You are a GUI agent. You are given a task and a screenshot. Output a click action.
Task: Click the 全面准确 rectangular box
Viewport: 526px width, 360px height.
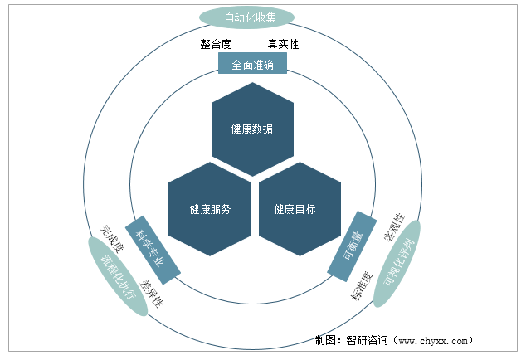(251, 63)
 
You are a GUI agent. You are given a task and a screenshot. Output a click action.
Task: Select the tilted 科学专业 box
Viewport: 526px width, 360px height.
(152, 246)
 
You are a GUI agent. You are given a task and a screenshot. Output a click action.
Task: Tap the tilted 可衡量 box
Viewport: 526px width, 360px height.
(353, 246)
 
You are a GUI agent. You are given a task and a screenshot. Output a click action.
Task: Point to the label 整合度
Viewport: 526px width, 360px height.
(216, 44)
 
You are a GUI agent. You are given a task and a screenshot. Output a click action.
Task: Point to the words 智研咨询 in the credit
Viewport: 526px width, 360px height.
(369, 340)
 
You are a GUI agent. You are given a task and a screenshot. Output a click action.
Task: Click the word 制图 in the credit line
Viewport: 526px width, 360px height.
(327, 340)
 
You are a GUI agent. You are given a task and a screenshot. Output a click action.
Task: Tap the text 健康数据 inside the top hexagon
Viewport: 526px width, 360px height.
(252, 129)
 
